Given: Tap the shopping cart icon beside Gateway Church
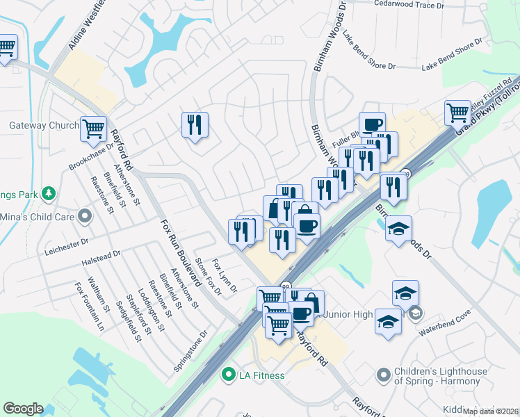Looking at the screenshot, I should (93, 129).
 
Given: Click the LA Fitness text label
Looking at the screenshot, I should (261, 376).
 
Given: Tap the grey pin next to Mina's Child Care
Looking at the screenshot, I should (85, 215).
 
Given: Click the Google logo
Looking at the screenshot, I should (23, 409).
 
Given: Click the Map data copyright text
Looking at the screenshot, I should (491, 411).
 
